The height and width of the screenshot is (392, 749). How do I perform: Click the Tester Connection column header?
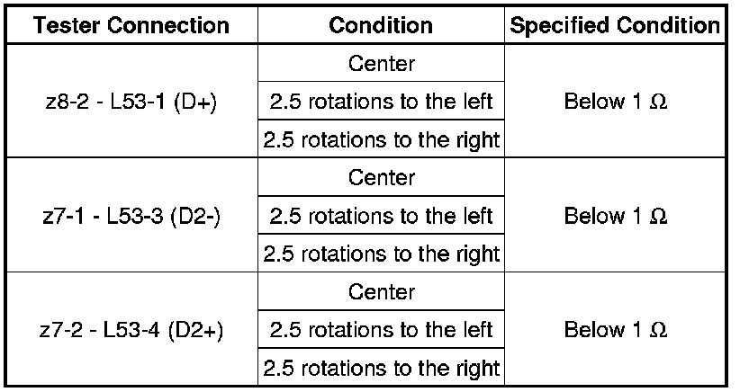[132, 26]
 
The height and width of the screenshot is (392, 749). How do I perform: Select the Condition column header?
[381, 26]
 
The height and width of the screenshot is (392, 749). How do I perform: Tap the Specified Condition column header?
[616, 26]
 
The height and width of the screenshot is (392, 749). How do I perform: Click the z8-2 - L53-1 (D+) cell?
[132, 102]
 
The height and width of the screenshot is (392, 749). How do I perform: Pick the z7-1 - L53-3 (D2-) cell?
[132, 217]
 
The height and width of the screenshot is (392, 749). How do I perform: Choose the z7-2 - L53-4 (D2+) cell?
[132, 330]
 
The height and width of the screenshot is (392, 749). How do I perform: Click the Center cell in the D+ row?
[381, 64]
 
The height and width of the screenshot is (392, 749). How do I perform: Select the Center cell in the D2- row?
[381, 178]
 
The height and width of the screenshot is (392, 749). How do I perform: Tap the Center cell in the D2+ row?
[381, 292]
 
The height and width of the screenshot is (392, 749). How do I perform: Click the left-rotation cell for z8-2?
[381, 102]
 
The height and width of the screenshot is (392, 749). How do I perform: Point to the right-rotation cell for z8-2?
[381, 139]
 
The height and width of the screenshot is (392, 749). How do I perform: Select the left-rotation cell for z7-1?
[381, 217]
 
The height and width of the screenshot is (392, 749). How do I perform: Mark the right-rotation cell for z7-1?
[381, 254]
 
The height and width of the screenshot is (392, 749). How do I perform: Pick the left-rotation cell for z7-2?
[381, 330]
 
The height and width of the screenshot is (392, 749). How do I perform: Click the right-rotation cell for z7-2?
[381, 368]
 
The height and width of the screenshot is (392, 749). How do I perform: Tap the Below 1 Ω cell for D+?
[616, 102]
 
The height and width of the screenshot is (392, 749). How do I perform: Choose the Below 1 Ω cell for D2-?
[616, 217]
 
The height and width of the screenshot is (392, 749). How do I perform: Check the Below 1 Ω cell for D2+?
[616, 330]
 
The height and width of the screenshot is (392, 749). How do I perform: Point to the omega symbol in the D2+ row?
[659, 331]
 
